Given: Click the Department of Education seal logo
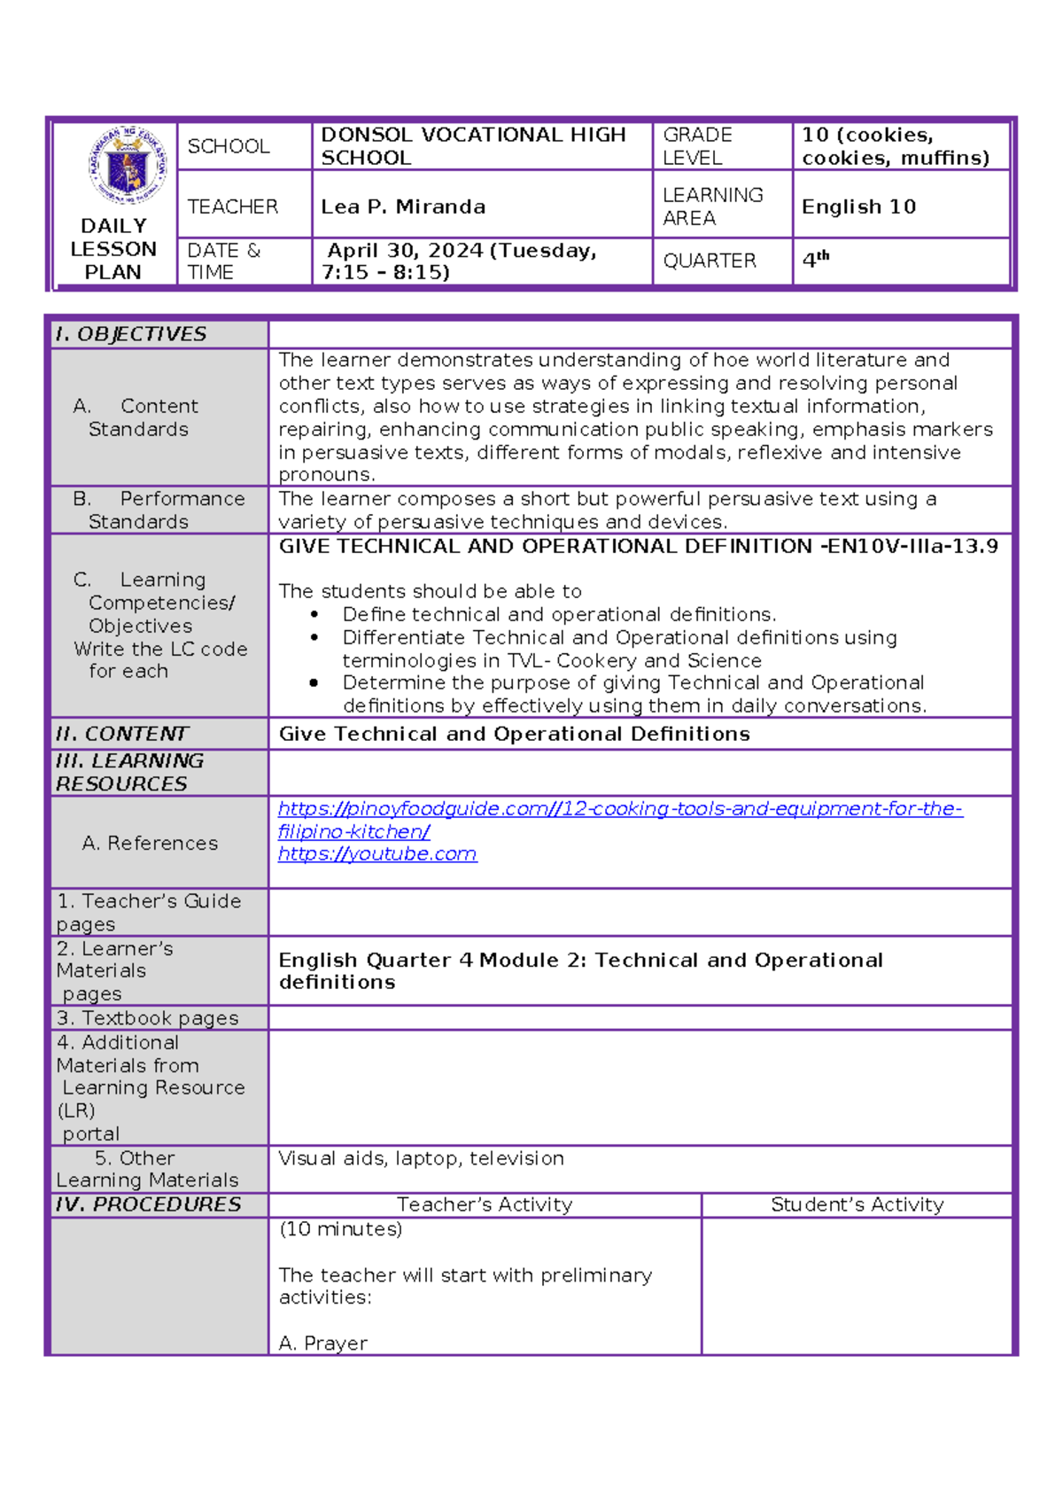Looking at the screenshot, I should pyautogui.click(x=128, y=166).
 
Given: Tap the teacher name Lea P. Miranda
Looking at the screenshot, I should pyautogui.click(x=403, y=206).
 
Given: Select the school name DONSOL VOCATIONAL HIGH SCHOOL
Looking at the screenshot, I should pyautogui.click(x=473, y=146).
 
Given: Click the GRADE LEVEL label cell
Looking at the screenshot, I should pyautogui.click(x=697, y=146).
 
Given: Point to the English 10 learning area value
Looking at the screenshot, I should pyautogui.click(x=858, y=206).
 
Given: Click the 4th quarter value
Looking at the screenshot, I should pyautogui.click(x=815, y=260).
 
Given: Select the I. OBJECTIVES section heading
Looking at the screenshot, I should pyautogui.click(x=131, y=334).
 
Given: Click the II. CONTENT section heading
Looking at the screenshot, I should pyautogui.click(x=122, y=734).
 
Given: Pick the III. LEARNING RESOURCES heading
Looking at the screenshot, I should pyautogui.click(x=129, y=772).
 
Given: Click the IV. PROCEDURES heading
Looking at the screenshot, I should pyautogui.click(x=148, y=1204).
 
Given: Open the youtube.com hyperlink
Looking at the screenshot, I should pyautogui.click(x=377, y=854).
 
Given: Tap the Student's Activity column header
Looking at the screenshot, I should pyautogui.click(x=857, y=1204).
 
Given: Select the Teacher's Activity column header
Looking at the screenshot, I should pyautogui.click(x=485, y=1204).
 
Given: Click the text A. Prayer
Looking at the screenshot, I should pyautogui.click(x=322, y=1343).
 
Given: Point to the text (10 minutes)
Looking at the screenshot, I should pyautogui.click(x=340, y=1229).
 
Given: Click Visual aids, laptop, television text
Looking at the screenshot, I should pyautogui.click(x=421, y=1158).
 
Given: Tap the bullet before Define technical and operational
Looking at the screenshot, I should pyautogui.click(x=314, y=614).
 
